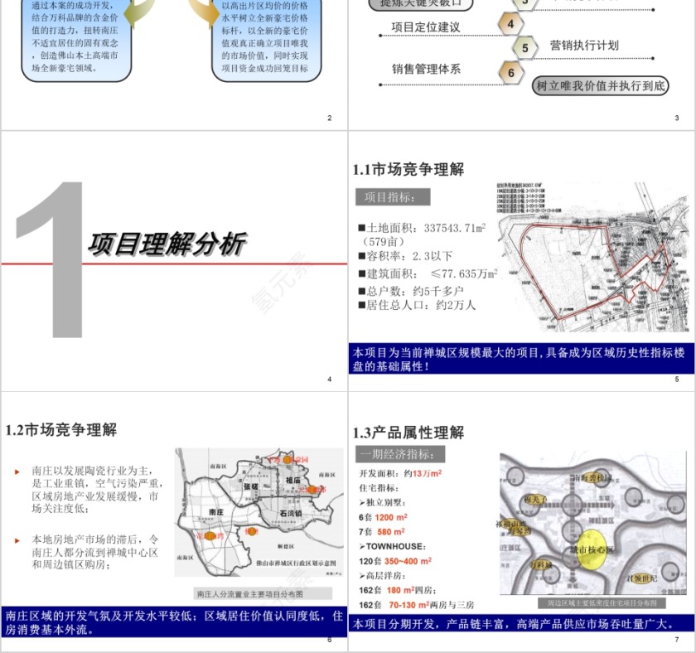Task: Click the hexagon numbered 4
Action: point(510,24)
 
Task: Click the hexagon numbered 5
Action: point(524,48)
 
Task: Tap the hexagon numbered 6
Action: point(511,73)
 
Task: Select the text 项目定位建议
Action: point(425,27)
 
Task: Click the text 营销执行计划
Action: point(584,45)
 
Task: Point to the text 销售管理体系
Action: point(426,70)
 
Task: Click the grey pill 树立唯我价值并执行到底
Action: point(600,85)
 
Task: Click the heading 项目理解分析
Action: point(166,244)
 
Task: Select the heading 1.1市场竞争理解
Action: point(408,169)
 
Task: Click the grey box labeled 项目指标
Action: point(394,197)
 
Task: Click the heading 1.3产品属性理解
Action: point(408,432)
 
